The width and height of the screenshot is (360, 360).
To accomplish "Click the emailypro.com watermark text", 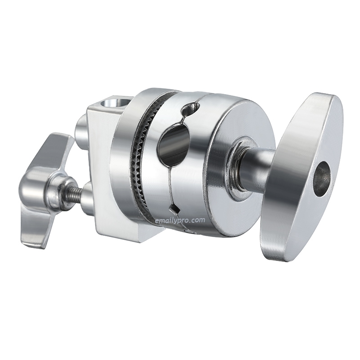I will [180, 220].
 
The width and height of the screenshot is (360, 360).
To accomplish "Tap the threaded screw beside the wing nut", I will [75, 194].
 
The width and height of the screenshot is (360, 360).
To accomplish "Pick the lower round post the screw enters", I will [86, 198].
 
